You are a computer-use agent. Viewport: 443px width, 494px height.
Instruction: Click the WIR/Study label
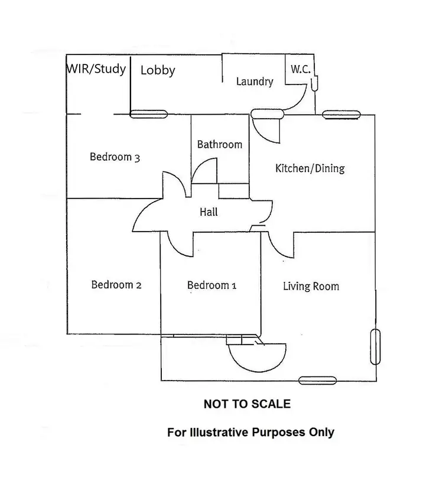pyautogui.click(x=96, y=69)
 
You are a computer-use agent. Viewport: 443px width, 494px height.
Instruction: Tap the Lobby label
pyautogui.click(x=158, y=70)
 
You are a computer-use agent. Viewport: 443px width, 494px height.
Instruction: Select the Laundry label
pyautogui.click(x=255, y=82)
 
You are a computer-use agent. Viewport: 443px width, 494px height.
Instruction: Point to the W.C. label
pyautogui.click(x=299, y=69)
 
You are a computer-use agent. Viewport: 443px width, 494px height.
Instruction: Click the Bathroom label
pyautogui.click(x=220, y=144)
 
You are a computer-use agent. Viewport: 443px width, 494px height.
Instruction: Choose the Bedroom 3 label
pyautogui.click(x=115, y=157)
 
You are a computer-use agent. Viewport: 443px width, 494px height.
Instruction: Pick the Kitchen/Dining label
pyautogui.click(x=310, y=168)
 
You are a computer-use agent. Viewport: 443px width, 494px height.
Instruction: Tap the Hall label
pyautogui.click(x=207, y=210)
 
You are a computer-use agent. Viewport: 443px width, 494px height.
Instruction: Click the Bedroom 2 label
pyautogui.click(x=116, y=285)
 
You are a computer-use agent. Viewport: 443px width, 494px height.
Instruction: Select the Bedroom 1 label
pyautogui.click(x=211, y=285)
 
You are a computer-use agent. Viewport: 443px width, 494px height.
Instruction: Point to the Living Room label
pyautogui.click(x=311, y=287)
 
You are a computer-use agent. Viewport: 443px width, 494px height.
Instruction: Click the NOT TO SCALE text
pyautogui.click(x=247, y=404)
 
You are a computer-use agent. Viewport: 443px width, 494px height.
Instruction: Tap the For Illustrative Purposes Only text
pyautogui.click(x=250, y=432)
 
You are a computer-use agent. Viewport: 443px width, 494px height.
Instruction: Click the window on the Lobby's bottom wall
pyautogui.click(x=149, y=115)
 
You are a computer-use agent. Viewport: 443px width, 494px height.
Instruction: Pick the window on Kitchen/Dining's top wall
pyautogui.click(x=341, y=115)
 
